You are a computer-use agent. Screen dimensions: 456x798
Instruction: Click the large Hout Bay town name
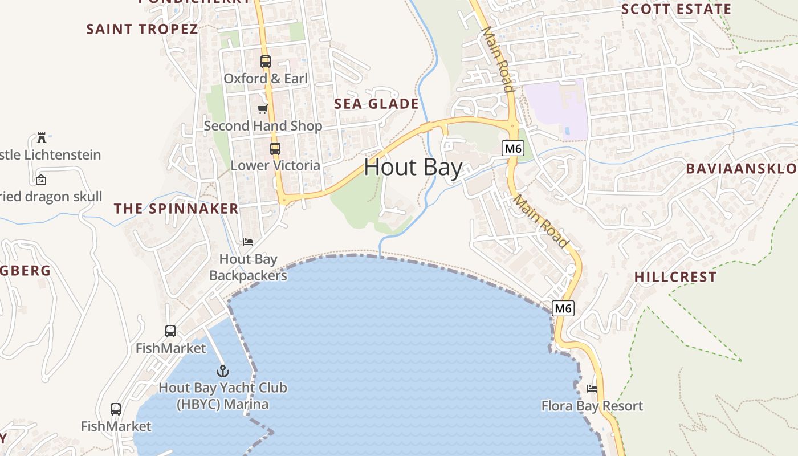[x=413, y=168]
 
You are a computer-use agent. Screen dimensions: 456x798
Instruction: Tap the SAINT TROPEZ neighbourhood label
[x=142, y=29]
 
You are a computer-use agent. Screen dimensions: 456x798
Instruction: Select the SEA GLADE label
[x=376, y=104]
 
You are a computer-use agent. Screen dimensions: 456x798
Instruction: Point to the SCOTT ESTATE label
[x=676, y=9]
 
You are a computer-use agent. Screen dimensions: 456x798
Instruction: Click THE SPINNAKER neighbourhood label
[x=176, y=209]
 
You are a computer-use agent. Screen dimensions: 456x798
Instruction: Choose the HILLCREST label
[x=675, y=277]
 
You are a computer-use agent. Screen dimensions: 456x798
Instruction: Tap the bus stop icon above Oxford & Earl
[x=266, y=62]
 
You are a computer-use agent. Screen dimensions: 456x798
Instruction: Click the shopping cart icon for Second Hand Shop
[x=263, y=109]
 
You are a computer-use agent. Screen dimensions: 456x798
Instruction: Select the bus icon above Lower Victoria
[x=275, y=149]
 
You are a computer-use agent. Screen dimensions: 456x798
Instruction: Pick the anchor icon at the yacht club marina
[x=223, y=372]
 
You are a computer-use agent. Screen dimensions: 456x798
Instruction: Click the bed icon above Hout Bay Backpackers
[x=248, y=242]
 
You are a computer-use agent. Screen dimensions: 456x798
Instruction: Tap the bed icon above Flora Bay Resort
[x=592, y=389]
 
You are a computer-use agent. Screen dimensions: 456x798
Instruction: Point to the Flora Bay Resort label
[x=592, y=406]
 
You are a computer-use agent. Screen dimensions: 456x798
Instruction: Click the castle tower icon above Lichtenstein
[x=41, y=137]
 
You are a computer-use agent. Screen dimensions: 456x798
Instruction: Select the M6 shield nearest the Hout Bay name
[x=513, y=149]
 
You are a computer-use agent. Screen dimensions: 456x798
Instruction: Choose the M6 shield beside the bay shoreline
[x=563, y=308]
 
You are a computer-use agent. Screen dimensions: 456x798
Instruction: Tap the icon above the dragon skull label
[x=41, y=180]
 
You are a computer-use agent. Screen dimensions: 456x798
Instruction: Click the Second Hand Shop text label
[x=263, y=126]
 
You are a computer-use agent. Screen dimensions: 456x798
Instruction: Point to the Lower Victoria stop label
[x=275, y=165]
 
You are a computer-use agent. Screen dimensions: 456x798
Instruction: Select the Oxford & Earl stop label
[x=266, y=79]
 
